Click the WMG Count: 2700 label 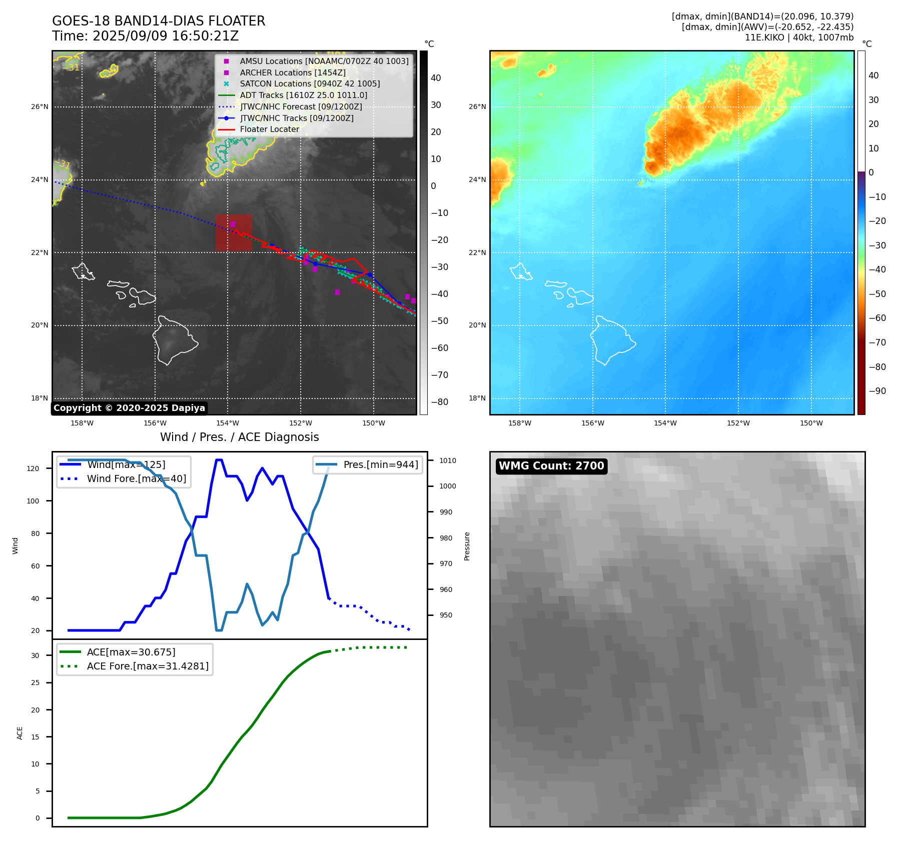click(x=551, y=466)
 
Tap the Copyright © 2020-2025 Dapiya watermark click(x=129, y=408)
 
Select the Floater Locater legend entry click(x=269, y=129)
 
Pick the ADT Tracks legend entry click(x=303, y=95)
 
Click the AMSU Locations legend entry click(x=324, y=61)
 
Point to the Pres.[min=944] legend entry click(x=380, y=465)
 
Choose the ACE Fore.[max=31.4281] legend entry click(x=148, y=666)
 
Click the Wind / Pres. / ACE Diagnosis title click(x=239, y=437)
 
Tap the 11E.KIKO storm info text click(x=798, y=37)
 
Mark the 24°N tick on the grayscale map click(x=40, y=180)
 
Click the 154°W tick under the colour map click(x=665, y=423)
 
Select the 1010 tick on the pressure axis click(x=448, y=460)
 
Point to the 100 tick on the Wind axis click(x=33, y=501)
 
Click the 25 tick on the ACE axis click(x=36, y=682)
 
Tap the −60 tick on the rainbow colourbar click(x=877, y=318)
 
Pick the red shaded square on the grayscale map click(x=234, y=232)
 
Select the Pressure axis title click(x=467, y=546)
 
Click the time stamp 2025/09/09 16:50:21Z click(x=145, y=36)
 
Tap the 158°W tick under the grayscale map click(x=82, y=423)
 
